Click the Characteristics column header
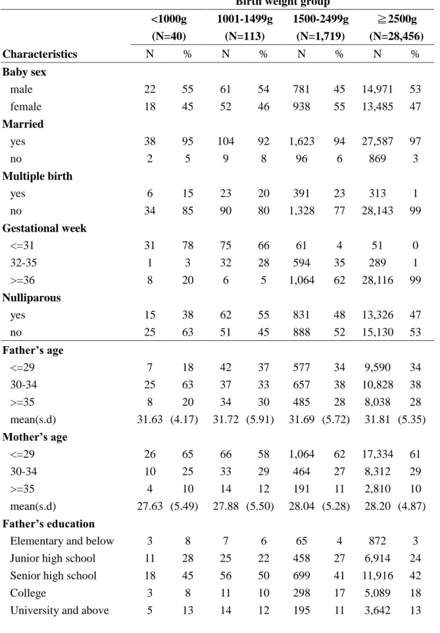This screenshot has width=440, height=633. pyautogui.click(x=39, y=54)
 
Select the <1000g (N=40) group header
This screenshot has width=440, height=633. pyautogui.click(x=169, y=28)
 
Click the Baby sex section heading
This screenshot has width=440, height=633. pyautogui.click(x=24, y=72)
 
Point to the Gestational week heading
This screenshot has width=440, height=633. pyautogui.click(x=44, y=228)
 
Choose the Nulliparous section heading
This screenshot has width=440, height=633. pyautogui.click(x=32, y=298)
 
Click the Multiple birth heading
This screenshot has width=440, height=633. pyautogui.click(x=37, y=176)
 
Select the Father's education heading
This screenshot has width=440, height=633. pyautogui.click(x=48, y=524)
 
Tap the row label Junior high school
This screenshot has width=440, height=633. pyautogui.click(x=53, y=558)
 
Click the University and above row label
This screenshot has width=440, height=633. pyautogui.click(x=59, y=610)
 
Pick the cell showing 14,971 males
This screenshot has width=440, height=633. pyautogui.click(x=378, y=89)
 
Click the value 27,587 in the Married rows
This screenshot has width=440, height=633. pyautogui.click(x=378, y=142)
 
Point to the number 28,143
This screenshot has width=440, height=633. pyautogui.click(x=378, y=211)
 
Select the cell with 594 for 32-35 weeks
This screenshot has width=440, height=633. pyautogui.click(x=302, y=263)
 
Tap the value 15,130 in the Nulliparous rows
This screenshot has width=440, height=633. pyautogui.click(x=378, y=332)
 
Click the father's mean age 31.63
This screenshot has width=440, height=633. pyautogui.click(x=150, y=419)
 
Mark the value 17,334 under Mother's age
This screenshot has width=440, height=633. pyautogui.click(x=378, y=454)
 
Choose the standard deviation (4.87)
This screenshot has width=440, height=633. pyautogui.click(x=412, y=506)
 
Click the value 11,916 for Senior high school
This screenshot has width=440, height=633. pyautogui.click(x=378, y=576)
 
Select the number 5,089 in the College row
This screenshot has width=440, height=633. pyautogui.click(x=378, y=593)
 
